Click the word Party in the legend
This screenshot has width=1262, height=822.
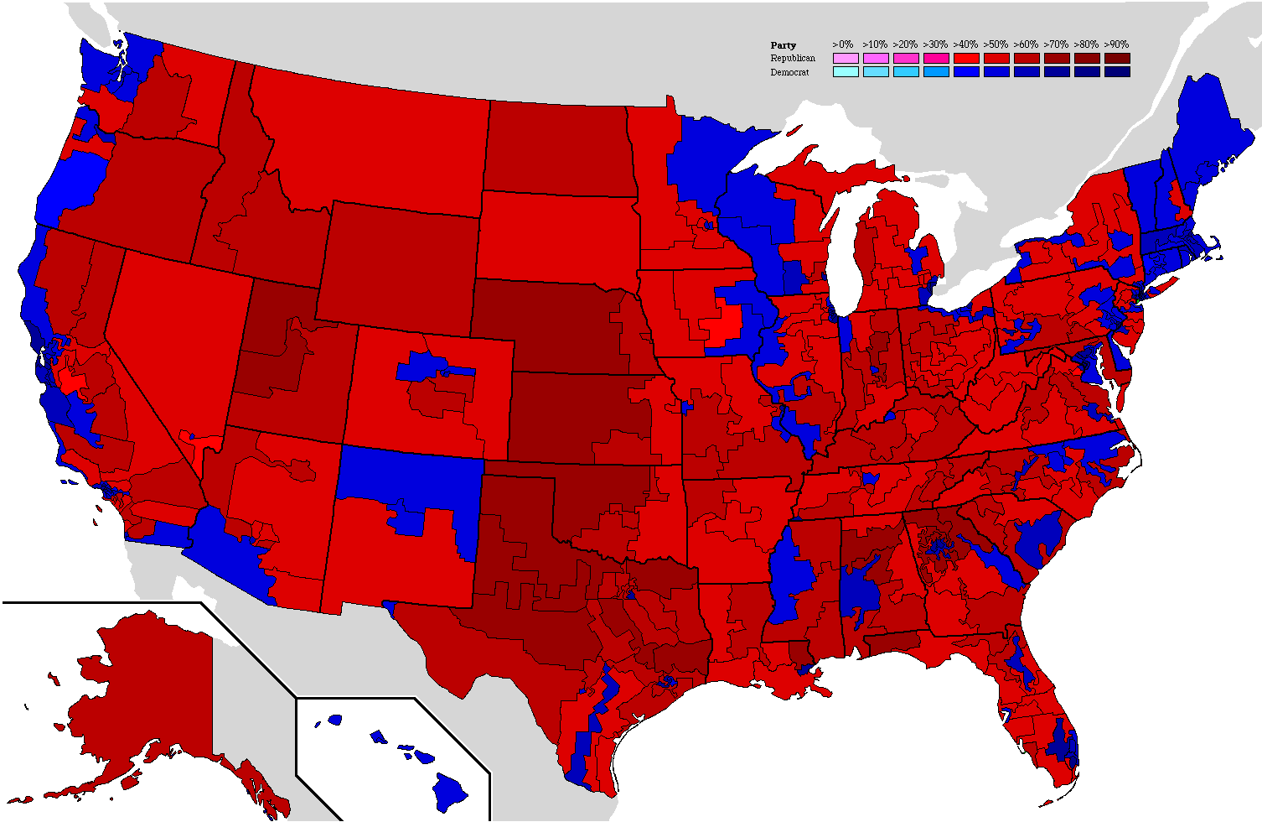click(x=783, y=45)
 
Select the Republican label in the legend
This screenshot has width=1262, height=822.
click(x=792, y=59)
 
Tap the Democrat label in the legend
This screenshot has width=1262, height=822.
click(x=789, y=73)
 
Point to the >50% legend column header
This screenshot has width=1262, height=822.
click(x=996, y=44)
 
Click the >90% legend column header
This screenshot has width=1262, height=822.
click(x=1116, y=44)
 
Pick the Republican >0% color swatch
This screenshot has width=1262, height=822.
click(x=846, y=59)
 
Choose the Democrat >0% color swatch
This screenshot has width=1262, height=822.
click(x=846, y=72)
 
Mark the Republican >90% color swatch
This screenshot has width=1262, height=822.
click(x=1117, y=59)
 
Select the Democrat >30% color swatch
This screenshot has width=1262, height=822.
click(x=936, y=72)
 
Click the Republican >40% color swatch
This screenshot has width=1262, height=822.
click(x=966, y=59)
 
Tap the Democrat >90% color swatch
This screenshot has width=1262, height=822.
click(x=1117, y=72)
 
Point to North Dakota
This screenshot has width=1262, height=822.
click(x=557, y=147)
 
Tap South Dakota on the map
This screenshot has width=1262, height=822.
click(x=557, y=235)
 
